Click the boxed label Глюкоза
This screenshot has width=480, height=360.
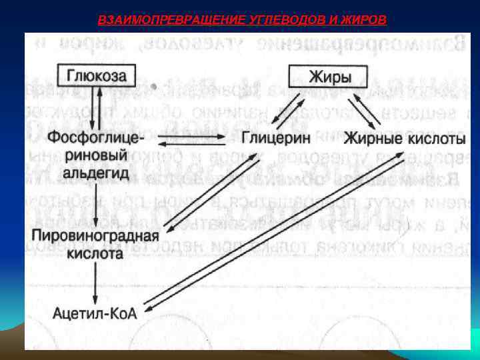coord(99,75)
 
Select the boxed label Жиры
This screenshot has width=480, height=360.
coord(329,76)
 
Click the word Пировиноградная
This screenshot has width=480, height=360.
coord(95,236)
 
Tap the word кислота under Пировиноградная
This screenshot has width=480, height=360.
coord(95,253)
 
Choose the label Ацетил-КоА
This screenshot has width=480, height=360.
coord(95,311)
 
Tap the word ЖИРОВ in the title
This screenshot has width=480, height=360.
coord(363,19)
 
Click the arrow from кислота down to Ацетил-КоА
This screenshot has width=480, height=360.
coord(97,281)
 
